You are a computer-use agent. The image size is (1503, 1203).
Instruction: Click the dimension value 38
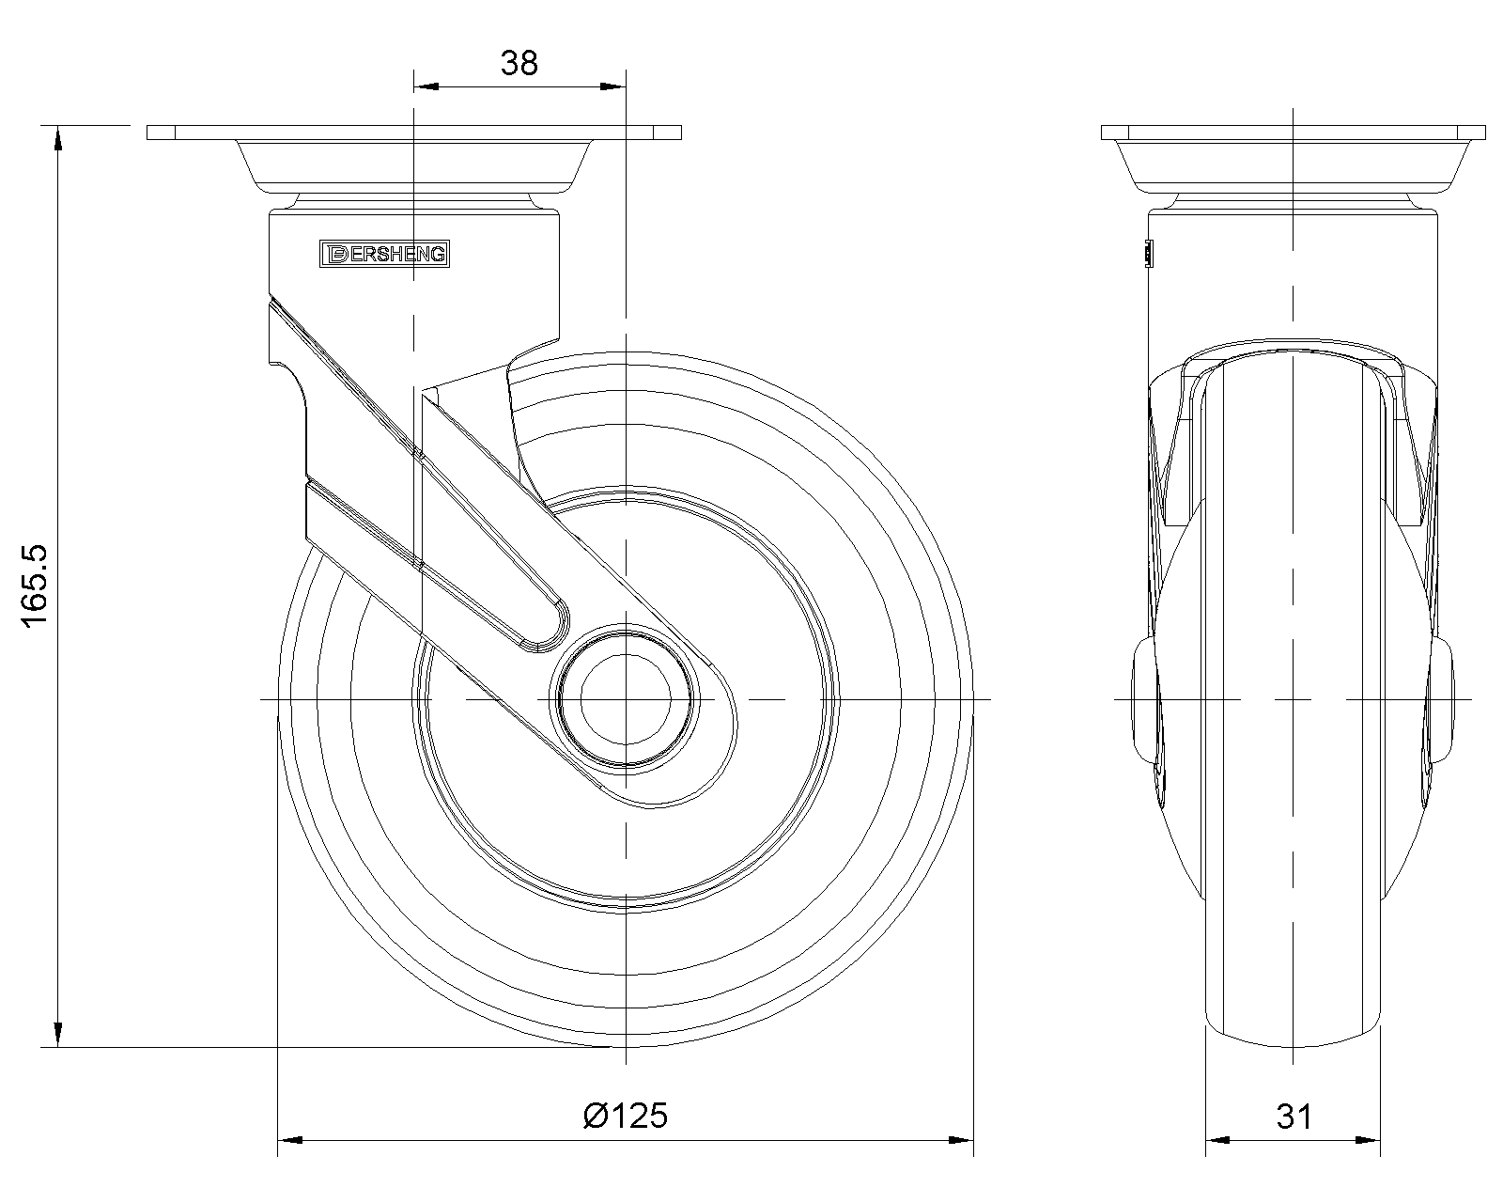coord(519,64)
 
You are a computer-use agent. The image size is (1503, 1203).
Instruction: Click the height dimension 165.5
coord(34,586)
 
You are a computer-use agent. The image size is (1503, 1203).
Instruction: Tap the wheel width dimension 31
coord(1294,1117)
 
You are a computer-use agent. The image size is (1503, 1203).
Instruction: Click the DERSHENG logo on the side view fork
coord(385,254)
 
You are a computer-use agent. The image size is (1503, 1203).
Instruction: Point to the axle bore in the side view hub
coord(625,698)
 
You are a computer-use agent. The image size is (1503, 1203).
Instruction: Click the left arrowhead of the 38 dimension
coord(426,86)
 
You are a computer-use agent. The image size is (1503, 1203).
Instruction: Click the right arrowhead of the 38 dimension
coord(613,86)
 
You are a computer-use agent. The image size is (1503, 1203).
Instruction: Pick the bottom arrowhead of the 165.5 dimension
coord(57,1035)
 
